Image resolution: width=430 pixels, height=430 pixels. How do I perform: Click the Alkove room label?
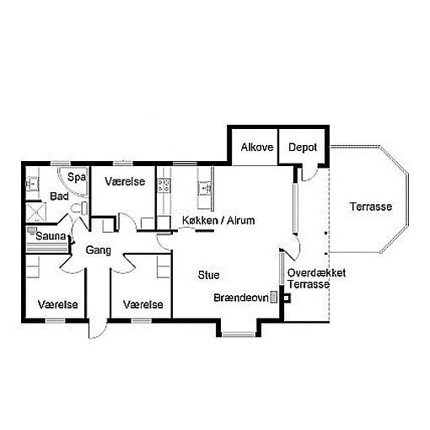257,148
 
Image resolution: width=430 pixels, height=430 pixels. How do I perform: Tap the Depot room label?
303,148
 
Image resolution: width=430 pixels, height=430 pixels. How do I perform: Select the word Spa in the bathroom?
77,177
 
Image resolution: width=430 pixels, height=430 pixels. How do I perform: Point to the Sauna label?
51,236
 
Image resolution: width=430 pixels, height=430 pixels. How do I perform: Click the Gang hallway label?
98,250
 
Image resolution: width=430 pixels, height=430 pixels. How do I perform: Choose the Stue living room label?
208,275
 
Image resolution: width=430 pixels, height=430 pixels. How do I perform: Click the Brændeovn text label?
241,298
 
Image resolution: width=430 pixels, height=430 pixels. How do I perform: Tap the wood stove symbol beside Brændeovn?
273,297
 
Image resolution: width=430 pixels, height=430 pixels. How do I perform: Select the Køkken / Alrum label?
218,220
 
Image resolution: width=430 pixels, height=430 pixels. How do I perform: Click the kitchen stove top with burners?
164,185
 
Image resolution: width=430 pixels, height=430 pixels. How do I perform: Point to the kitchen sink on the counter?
205,188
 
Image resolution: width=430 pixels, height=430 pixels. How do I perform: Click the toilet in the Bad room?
79,208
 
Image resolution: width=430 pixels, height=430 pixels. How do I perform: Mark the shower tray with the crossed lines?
36,212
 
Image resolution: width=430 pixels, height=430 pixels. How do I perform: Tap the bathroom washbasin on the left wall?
31,184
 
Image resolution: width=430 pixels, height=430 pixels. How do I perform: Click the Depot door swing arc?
309,175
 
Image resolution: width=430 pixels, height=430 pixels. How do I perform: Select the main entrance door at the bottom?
98,328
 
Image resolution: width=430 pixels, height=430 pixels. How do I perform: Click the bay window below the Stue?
239,334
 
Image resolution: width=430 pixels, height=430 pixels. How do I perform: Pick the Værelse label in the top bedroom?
125,181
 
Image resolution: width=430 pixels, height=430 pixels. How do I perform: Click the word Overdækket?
316,272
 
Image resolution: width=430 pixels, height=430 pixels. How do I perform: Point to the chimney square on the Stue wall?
287,298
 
